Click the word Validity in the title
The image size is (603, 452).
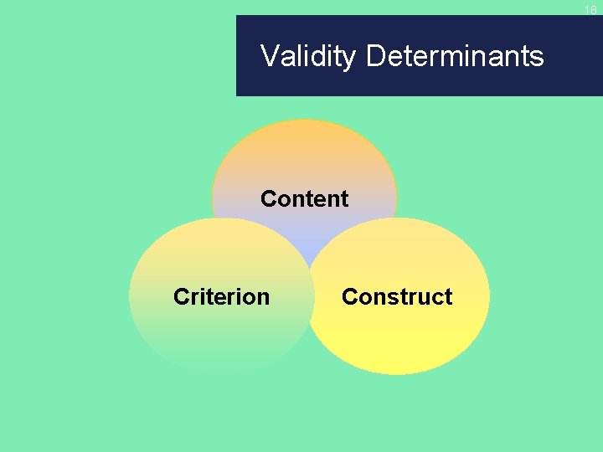click(309, 56)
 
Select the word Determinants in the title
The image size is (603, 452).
click(455, 56)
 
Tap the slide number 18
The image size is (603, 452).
click(590, 10)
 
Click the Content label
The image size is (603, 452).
click(304, 199)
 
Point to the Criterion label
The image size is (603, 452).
click(221, 297)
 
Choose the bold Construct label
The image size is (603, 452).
click(397, 297)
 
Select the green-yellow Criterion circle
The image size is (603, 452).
click(209, 335)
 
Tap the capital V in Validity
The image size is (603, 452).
click(270, 56)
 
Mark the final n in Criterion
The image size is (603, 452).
click(263, 299)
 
